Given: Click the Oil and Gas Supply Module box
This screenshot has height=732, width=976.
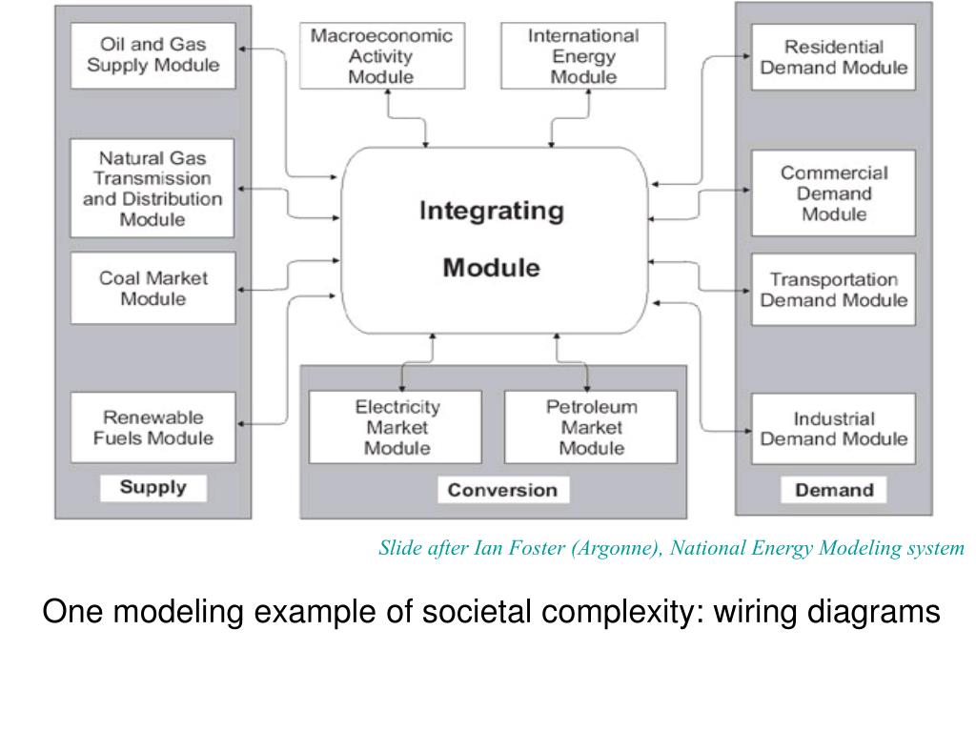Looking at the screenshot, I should point(152,55).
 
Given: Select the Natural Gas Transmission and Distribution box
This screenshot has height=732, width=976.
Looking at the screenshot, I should point(152,188).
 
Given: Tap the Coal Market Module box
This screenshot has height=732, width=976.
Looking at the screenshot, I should point(152,288).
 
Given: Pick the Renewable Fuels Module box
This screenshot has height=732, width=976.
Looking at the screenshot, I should point(152,428).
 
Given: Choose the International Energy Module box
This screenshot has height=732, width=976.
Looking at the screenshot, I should point(583,55).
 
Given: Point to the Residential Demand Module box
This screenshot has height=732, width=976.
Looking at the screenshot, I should point(833,57).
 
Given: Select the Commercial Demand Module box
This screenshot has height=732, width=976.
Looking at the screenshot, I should point(833,193).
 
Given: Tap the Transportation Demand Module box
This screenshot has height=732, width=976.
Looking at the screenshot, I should point(833,290).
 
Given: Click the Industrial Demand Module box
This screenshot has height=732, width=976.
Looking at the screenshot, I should point(833,429).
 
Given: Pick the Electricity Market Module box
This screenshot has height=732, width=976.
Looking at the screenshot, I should point(397,427).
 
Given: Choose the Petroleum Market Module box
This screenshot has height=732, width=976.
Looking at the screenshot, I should point(591,427).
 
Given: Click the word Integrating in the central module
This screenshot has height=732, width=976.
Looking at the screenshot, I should point(492,210).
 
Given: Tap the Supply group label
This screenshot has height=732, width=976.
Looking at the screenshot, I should point(152,488).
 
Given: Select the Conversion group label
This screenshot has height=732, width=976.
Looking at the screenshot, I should point(502,490).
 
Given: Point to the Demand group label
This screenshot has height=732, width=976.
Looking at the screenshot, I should point(834,490).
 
